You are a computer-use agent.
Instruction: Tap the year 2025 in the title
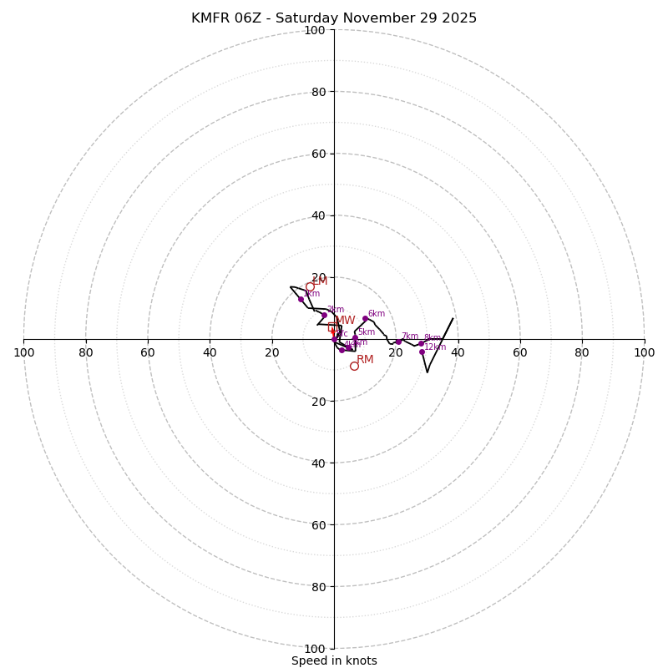point(458,18)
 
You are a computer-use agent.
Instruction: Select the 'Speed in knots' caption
point(334,660)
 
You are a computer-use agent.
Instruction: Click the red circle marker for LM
point(310,286)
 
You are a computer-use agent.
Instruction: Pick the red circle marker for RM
point(354,366)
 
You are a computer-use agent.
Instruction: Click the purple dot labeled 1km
point(301,299)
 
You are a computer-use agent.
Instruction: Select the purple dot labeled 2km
point(324,315)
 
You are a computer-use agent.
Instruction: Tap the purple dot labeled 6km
point(365,318)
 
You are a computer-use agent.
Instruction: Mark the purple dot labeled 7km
point(398,341)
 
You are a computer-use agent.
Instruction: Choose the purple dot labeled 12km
point(422,352)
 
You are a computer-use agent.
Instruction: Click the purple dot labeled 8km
point(421,332)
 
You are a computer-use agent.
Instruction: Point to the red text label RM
point(365,360)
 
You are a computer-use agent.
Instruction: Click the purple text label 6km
point(377,314)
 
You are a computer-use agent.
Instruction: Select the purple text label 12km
point(435,347)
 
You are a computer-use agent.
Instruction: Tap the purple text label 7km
point(410,337)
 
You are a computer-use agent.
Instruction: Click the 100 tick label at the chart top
point(315,30)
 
